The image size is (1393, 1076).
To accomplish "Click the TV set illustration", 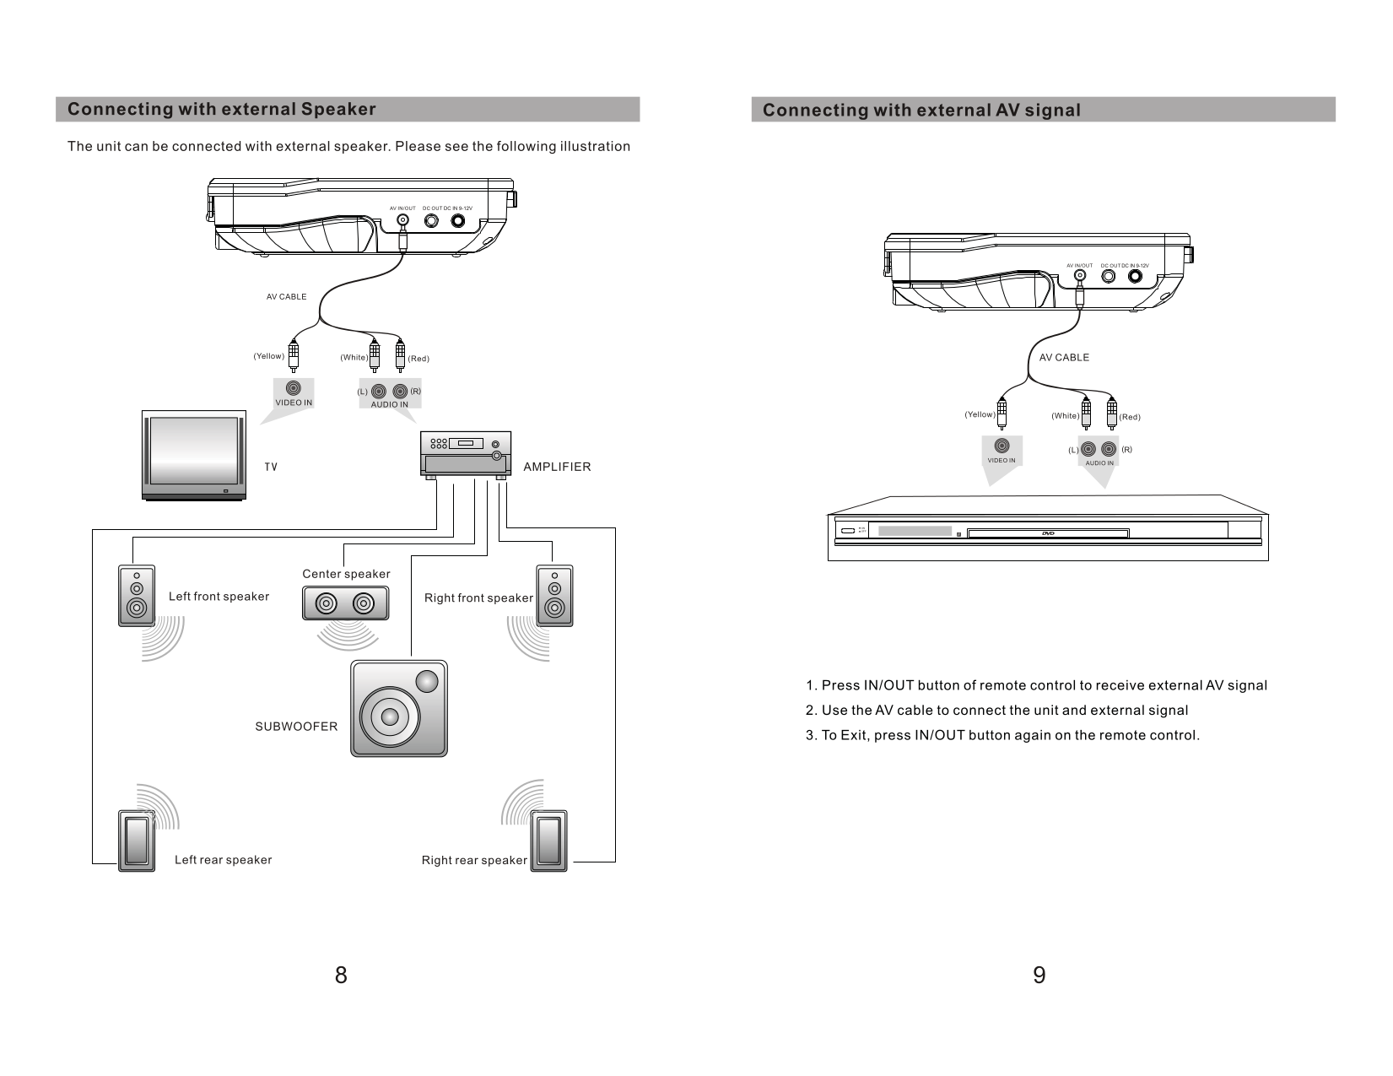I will [194, 456].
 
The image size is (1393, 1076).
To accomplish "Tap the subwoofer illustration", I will [399, 708].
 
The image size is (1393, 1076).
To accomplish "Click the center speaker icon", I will [346, 603].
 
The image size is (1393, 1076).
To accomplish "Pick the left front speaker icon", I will [136, 596].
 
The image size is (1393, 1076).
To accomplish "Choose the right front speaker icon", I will [554, 596].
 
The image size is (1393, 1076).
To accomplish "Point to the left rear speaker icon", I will [136, 841].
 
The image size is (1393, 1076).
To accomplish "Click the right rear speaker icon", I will [548, 841].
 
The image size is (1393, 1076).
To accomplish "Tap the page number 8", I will [340, 976].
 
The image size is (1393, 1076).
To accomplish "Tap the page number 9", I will [1039, 976].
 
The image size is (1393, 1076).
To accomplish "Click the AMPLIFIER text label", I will [557, 467].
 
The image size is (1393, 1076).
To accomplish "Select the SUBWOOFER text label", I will [296, 727].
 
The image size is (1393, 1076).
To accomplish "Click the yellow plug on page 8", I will [294, 354].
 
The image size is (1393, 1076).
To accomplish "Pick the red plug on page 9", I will [1112, 414].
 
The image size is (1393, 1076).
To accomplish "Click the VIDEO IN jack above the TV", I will [294, 388].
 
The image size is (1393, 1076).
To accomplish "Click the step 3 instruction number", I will [811, 735].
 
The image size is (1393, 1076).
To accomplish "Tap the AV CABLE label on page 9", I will [1064, 358].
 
